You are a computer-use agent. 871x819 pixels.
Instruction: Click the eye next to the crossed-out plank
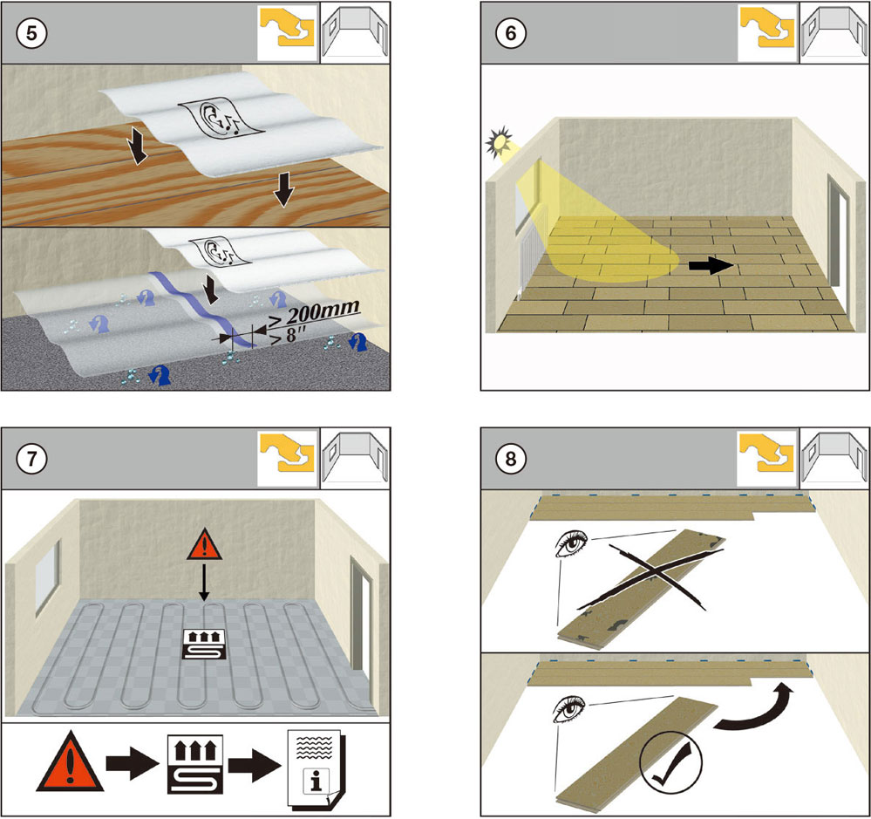click(571, 546)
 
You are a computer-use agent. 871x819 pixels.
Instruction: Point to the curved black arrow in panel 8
click(755, 709)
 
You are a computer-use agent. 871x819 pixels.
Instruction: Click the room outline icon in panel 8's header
click(833, 459)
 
